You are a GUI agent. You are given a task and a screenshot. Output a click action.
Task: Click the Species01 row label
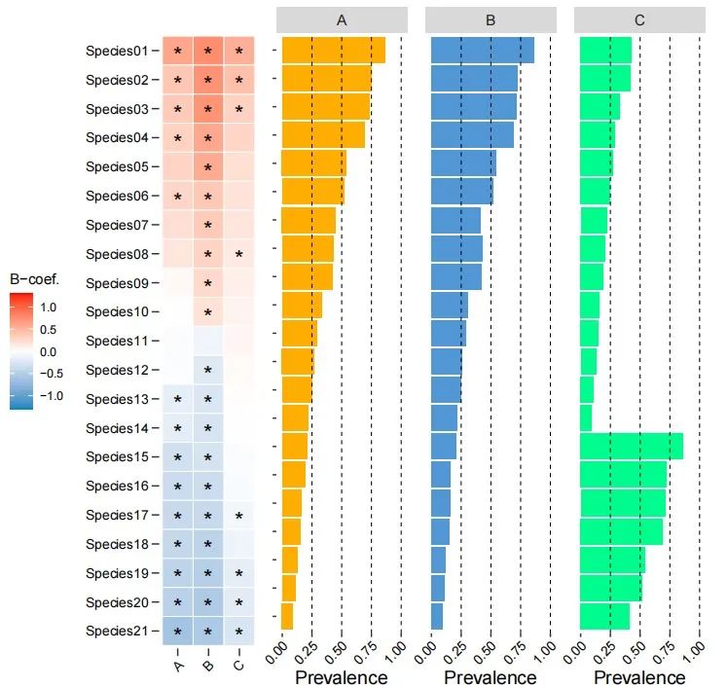click(115, 51)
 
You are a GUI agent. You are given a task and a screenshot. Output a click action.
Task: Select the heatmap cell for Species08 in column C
click(238, 255)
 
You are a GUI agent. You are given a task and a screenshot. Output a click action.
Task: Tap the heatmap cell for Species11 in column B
click(207, 342)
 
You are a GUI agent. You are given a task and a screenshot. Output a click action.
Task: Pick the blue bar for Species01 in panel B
click(482, 51)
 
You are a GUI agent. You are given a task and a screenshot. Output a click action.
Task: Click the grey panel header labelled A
click(342, 19)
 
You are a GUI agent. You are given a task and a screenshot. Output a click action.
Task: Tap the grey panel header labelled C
click(639, 19)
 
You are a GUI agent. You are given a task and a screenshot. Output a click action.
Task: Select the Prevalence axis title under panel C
click(639, 676)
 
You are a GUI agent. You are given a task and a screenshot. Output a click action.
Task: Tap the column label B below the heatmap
click(207, 665)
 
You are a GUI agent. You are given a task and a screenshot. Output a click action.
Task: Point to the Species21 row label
click(115, 632)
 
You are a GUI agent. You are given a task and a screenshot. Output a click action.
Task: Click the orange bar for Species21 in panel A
click(287, 616)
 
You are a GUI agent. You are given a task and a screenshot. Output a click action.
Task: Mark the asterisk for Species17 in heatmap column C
click(238, 516)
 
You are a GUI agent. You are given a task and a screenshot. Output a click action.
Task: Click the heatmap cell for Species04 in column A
click(177, 138)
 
